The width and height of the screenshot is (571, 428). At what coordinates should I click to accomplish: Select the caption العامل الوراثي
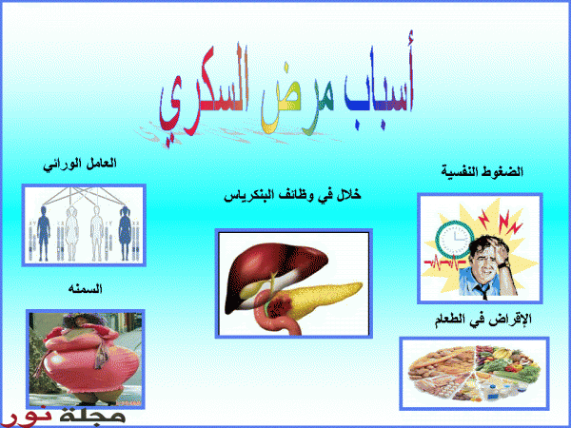point(80,165)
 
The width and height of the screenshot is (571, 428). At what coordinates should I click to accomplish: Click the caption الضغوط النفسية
point(482,171)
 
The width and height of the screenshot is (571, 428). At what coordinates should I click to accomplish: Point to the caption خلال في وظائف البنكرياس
point(292,196)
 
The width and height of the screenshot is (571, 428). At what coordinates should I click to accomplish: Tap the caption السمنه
point(86,289)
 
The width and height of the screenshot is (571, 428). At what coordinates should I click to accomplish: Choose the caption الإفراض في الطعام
point(483,320)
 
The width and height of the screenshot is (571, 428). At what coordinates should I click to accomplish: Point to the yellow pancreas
point(321,299)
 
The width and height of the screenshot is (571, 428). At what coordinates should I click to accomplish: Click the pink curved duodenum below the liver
point(278,316)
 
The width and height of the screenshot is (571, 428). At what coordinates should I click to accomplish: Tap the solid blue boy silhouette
point(44,233)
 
